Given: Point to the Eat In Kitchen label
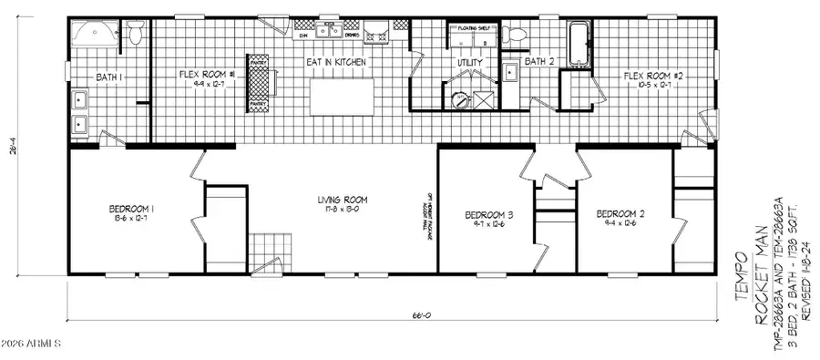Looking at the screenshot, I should (x=336, y=62).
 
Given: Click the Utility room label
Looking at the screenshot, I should (x=469, y=63).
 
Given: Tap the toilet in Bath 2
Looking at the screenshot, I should (x=518, y=36).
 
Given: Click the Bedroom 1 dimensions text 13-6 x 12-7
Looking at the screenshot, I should (x=131, y=219).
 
